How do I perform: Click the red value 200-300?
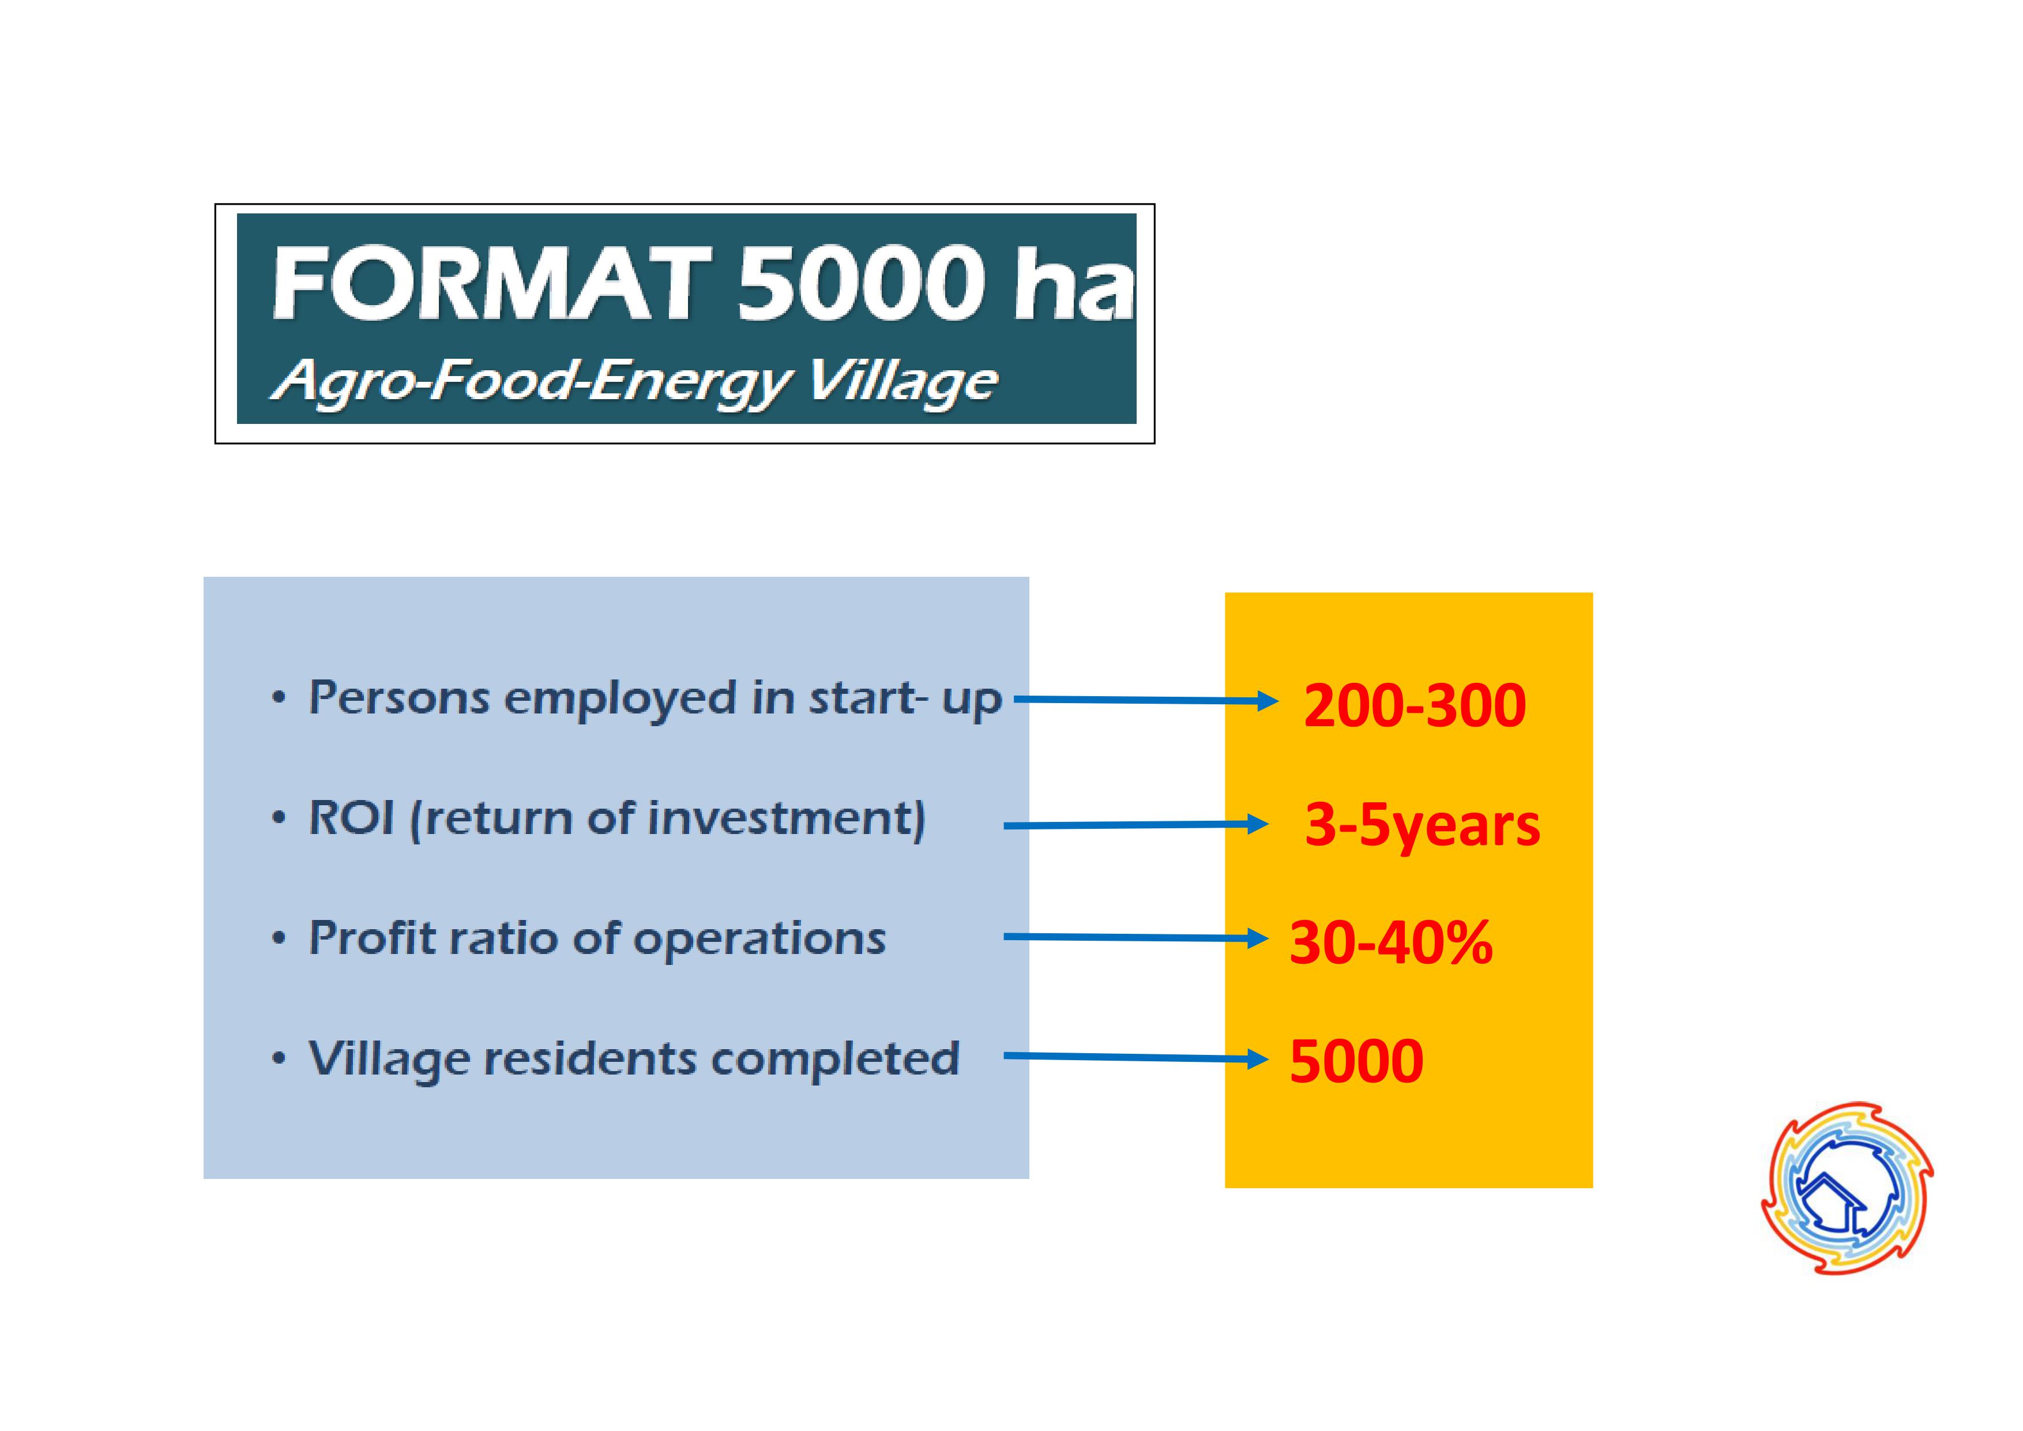tap(1414, 706)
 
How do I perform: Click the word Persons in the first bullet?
tap(399, 698)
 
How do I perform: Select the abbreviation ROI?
tap(351, 818)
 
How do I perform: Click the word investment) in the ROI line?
tap(787, 818)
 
